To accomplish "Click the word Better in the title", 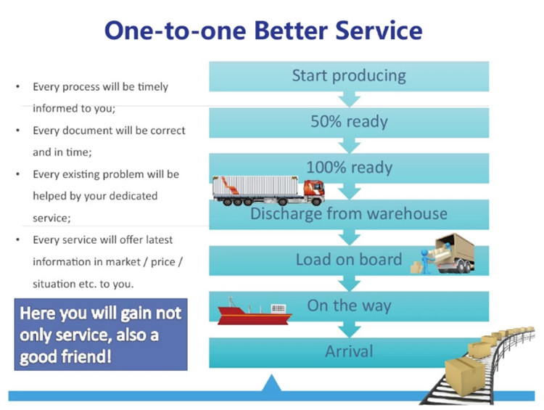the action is (291, 30).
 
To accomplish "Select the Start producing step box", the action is (349, 76).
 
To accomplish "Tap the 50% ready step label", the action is (349, 121).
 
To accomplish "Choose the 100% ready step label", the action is (349, 168).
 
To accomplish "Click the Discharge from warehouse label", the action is (349, 213).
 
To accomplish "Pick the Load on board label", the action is (349, 260).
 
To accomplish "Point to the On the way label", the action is (349, 306).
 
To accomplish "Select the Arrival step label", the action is (349, 351).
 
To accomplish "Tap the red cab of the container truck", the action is (314, 192).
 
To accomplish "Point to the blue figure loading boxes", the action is (425, 261).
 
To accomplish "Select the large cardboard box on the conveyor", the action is (465, 376).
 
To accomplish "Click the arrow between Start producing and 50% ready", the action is (349, 99).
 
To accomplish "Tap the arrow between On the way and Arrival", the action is (349, 329).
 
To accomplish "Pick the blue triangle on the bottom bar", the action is (272, 383).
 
